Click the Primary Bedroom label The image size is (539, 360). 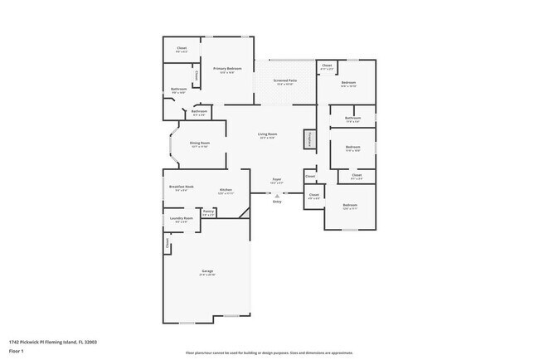[x=227, y=68]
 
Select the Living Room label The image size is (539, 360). [x=266, y=134]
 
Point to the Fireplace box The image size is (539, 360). [x=308, y=139]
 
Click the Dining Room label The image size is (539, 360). [x=200, y=143]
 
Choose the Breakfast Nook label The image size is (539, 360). [x=181, y=187]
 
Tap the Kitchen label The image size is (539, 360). [x=226, y=190]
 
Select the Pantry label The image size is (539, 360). [x=208, y=212]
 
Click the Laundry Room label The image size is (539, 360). [x=181, y=219]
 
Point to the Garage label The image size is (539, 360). [x=207, y=271]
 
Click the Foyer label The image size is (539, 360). [x=277, y=179]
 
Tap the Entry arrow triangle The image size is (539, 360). [x=277, y=196]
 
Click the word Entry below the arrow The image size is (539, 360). [x=277, y=202]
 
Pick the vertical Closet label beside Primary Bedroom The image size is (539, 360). [x=196, y=76]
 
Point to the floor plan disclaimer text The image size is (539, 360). [x=269, y=352]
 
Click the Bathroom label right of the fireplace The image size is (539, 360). [x=352, y=119]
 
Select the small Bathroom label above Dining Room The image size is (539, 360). [x=199, y=111]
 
